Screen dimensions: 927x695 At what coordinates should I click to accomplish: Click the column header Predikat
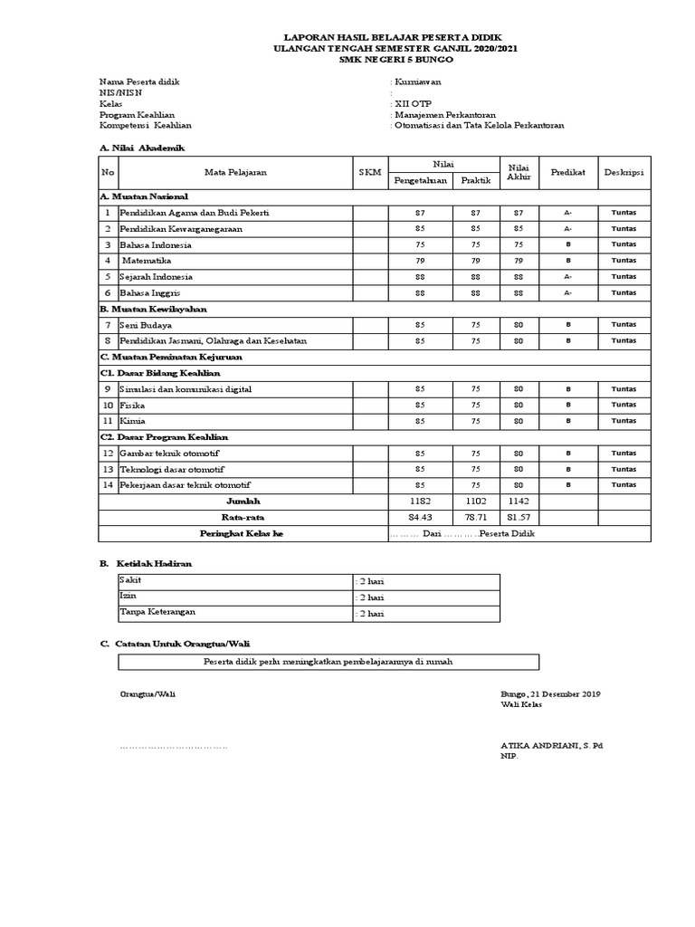(568, 171)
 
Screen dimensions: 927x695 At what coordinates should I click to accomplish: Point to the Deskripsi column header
(624, 171)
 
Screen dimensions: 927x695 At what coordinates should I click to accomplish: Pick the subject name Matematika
(150, 261)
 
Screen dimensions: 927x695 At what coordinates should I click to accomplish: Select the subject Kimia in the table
(132, 421)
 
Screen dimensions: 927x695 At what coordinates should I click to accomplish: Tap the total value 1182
(419, 501)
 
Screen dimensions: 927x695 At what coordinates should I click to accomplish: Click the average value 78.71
(475, 517)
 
